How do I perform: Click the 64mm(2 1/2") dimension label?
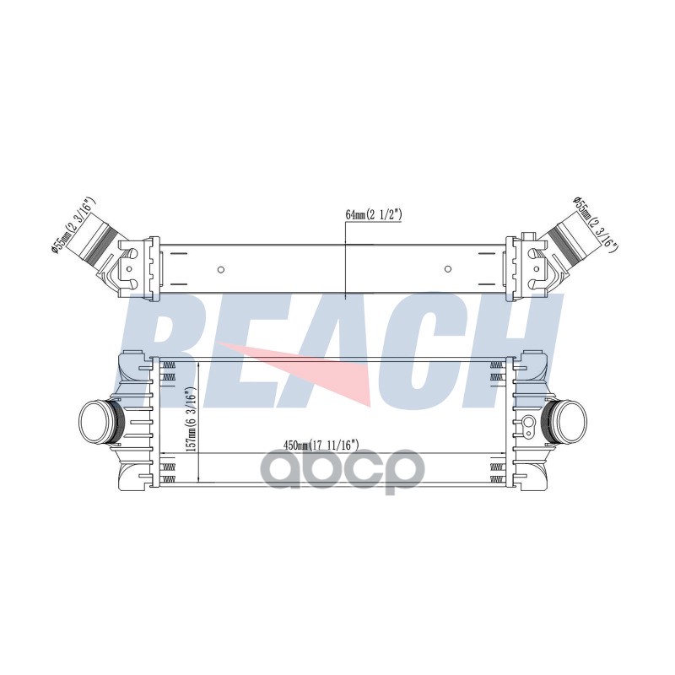(x=373, y=215)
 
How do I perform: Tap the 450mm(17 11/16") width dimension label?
(x=321, y=445)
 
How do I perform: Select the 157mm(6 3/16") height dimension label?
(x=192, y=418)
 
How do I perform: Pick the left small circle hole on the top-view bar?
(x=221, y=270)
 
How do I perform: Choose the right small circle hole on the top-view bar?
(x=448, y=269)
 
